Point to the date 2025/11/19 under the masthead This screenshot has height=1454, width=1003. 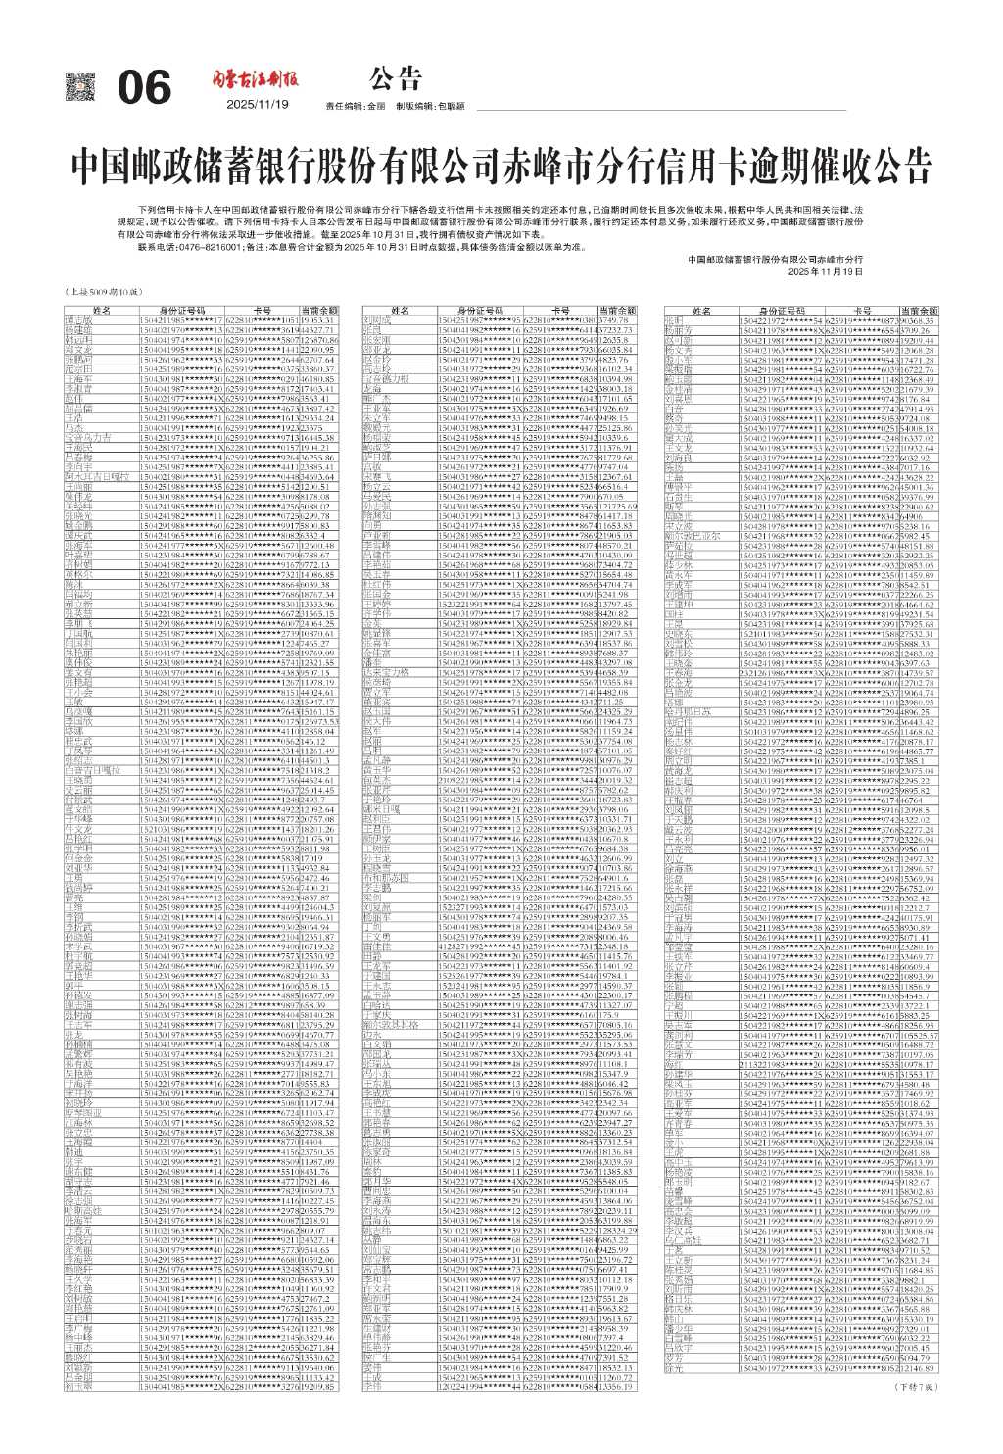(258, 105)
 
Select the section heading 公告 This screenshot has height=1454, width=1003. (396, 77)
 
